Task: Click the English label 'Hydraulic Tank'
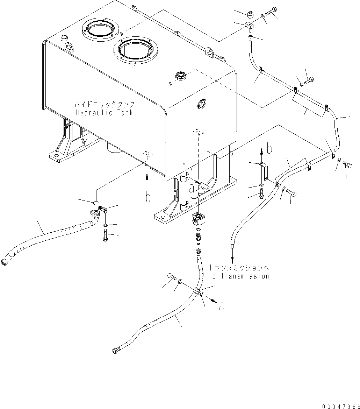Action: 104,113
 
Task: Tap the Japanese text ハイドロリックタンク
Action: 104,105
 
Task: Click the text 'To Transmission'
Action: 239,276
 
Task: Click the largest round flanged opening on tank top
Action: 136,50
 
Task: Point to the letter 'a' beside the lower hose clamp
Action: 222,306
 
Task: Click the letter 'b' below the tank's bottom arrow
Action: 148,197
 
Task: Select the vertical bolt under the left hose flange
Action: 105,236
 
